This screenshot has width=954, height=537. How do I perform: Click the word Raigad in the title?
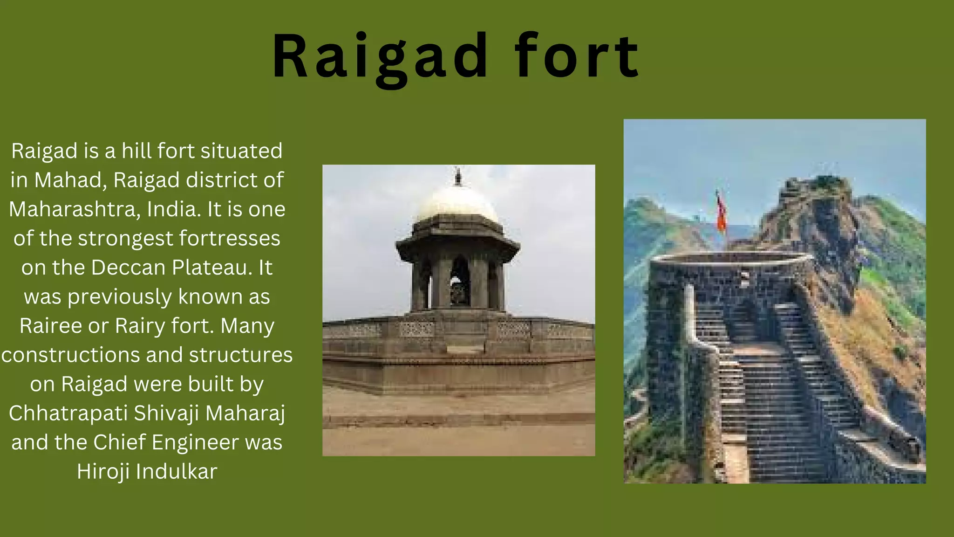(380, 57)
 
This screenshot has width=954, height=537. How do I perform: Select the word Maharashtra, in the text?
(75, 209)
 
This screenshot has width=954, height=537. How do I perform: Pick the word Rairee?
(50, 326)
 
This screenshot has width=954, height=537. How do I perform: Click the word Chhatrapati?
(68, 413)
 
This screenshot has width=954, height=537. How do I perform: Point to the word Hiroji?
(103, 472)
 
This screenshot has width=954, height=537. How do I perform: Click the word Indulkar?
(177, 472)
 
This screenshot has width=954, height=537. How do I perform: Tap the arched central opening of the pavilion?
(460, 282)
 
